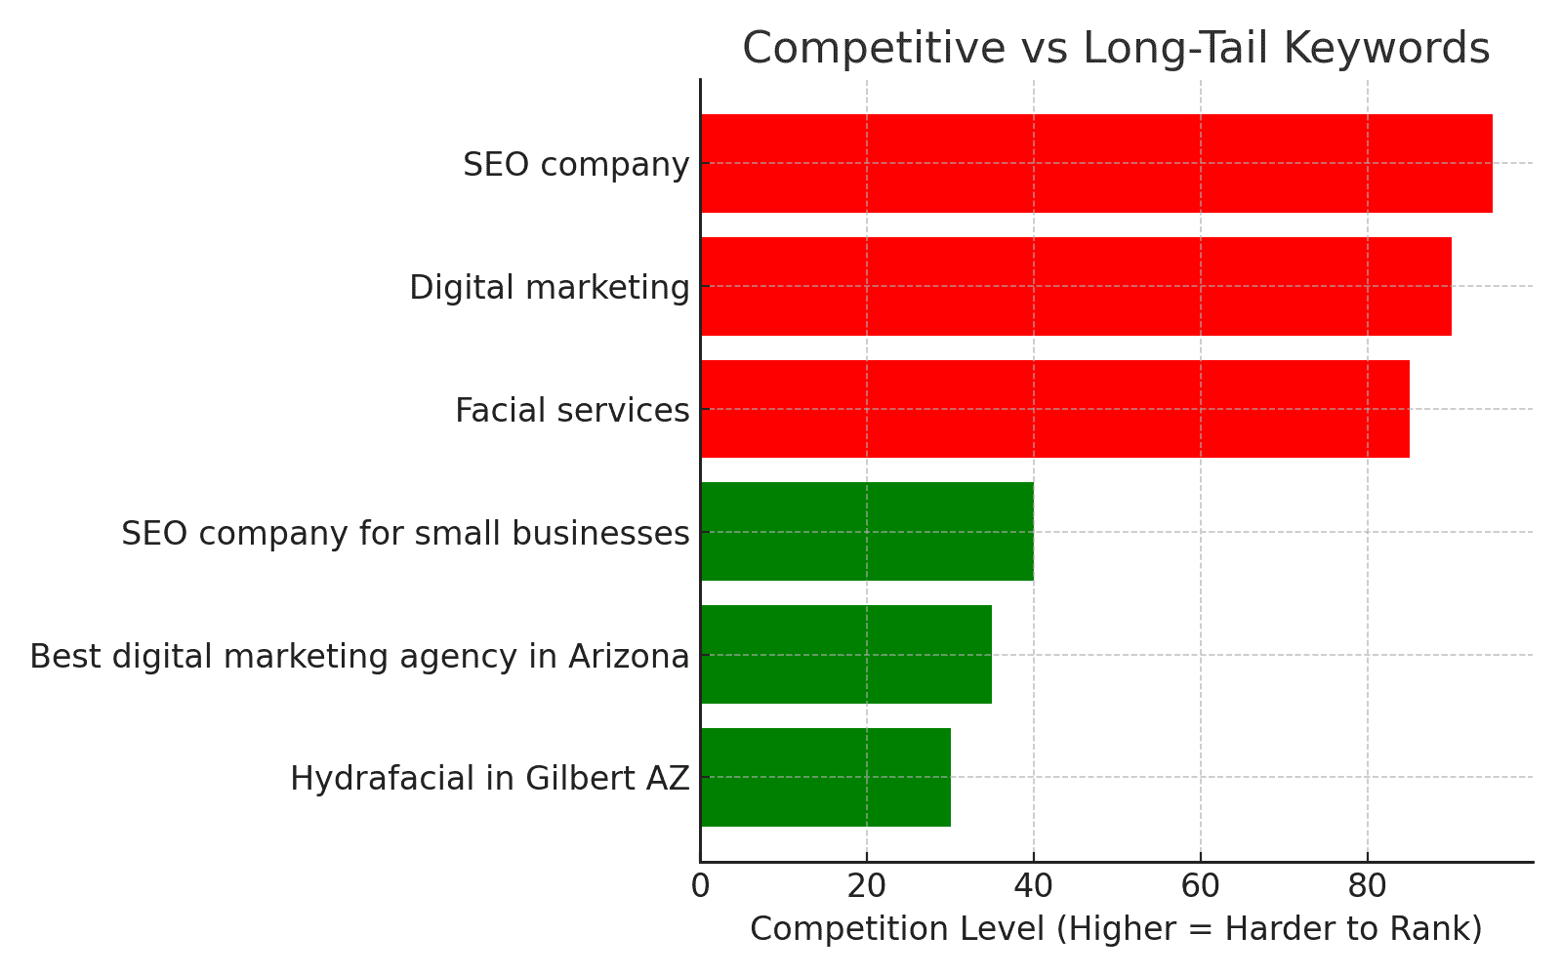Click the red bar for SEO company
click(1095, 163)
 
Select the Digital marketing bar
click(1075, 286)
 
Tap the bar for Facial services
click(1054, 409)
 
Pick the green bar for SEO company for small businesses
click(867, 532)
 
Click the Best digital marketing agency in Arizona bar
click(845, 654)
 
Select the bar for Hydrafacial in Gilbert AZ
click(825, 777)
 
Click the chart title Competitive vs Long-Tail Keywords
click(1116, 48)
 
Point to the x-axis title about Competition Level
click(1116, 928)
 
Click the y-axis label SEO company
click(576, 165)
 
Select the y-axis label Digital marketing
click(550, 288)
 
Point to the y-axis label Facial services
click(572, 411)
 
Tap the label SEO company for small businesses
click(405, 534)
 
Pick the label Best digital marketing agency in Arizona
click(359, 657)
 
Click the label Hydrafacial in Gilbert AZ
click(490, 779)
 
